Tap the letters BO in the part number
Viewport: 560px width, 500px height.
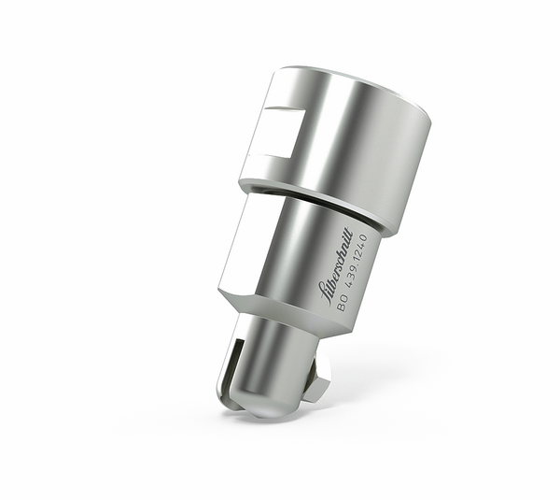click(342, 300)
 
